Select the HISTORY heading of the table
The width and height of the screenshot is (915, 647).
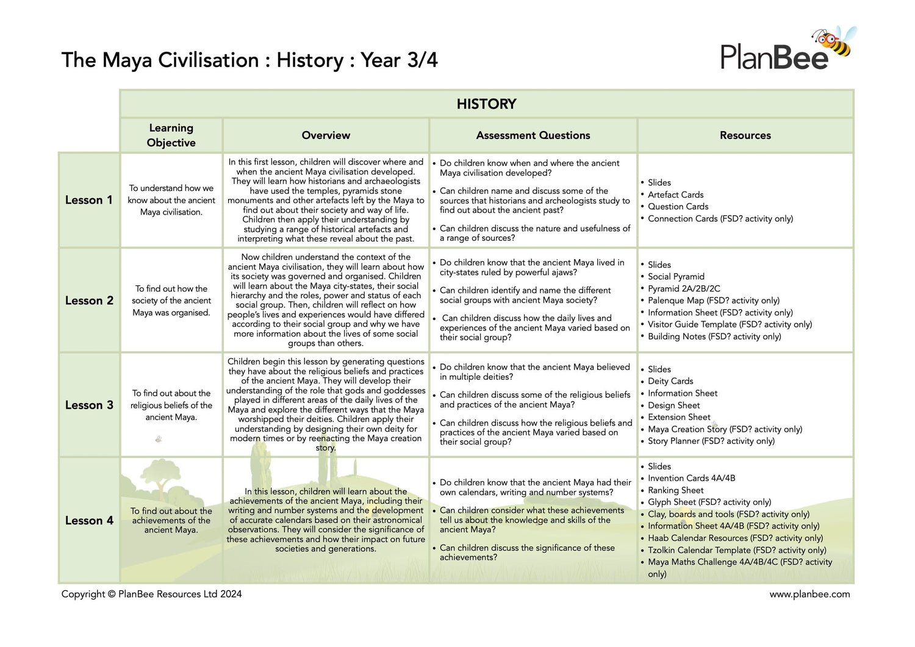click(x=486, y=104)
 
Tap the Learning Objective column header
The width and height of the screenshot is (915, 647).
click(x=171, y=135)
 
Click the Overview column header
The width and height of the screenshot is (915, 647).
click(x=326, y=135)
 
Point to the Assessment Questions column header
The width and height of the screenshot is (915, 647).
click(x=533, y=135)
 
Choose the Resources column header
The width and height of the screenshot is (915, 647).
click(x=745, y=135)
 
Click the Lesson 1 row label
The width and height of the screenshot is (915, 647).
click(x=89, y=200)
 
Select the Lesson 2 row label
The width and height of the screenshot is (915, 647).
click(x=89, y=301)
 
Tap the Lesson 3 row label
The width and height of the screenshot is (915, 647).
click(x=89, y=405)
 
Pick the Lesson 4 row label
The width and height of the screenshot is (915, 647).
click(x=89, y=521)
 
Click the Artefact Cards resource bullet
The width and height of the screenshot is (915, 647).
click(x=675, y=195)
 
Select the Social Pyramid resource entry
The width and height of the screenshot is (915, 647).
click(x=676, y=277)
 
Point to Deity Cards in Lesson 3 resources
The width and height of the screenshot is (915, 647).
click(x=670, y=381)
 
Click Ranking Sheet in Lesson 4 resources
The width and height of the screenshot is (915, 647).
click(x=675, y=490)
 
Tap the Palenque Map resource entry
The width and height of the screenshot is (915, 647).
click(x=713, y=301)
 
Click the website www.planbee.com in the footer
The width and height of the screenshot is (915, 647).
click(x=809, y=594)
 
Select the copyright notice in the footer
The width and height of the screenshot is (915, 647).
click(x=151, y=594)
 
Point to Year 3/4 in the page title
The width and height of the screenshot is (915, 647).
click(x=399, y=60)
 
